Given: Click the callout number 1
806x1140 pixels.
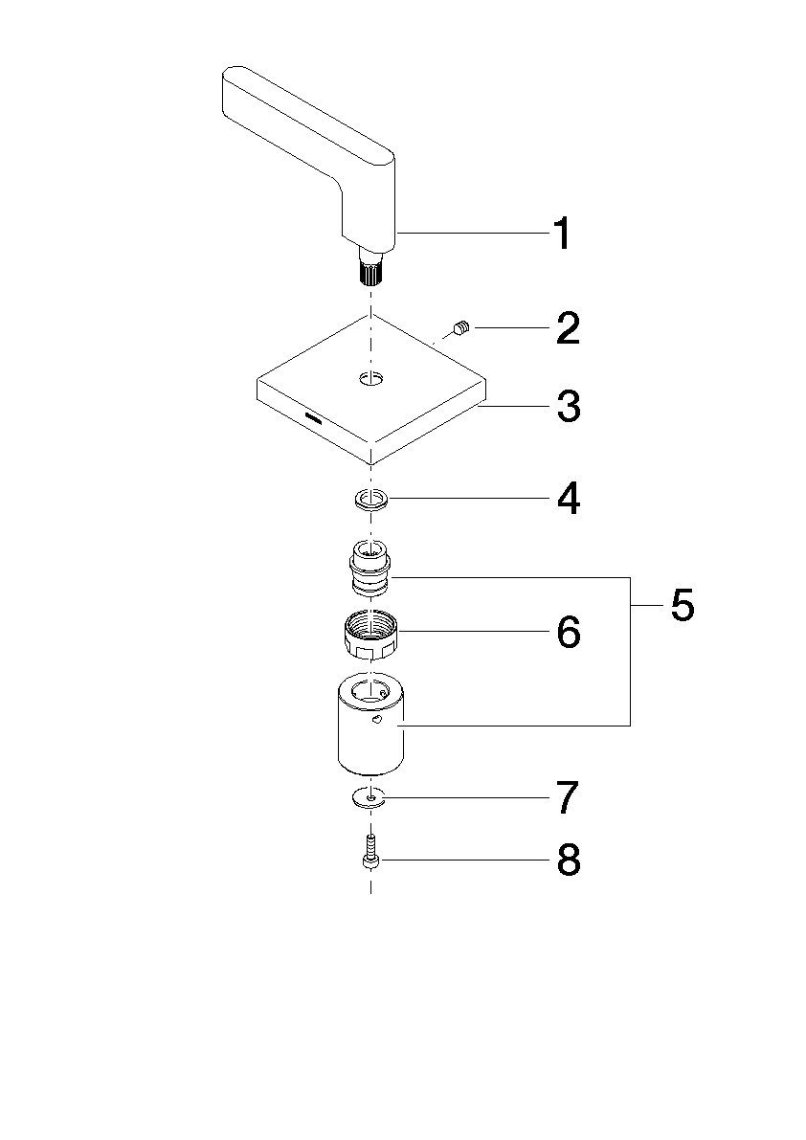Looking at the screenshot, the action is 562,234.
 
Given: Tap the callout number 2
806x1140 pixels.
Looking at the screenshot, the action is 568,328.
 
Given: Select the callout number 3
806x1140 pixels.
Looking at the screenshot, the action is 569,406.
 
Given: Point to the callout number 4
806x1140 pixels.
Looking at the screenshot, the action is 569,499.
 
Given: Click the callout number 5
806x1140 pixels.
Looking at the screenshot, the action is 683,605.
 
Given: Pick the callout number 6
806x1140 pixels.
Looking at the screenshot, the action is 569,632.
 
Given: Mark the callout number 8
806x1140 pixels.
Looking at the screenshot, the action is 569,861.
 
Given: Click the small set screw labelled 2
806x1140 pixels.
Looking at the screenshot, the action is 461,328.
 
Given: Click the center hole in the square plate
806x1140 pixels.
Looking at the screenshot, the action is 370,379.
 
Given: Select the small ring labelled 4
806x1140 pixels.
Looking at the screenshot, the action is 371,500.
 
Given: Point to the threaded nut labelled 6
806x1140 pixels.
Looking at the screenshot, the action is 371,634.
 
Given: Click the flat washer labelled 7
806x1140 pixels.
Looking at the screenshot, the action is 371,797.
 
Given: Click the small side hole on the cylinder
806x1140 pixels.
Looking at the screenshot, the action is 376,720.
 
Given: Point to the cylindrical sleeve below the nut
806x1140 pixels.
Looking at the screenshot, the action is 371,723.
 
